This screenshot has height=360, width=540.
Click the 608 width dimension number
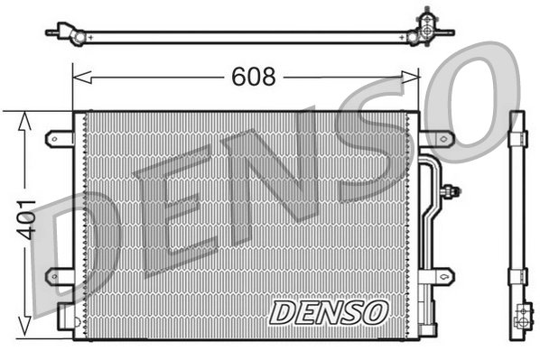255,78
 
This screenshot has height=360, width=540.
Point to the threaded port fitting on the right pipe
452,190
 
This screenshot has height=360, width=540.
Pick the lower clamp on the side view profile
517,274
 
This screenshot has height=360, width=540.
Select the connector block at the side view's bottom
521,318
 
